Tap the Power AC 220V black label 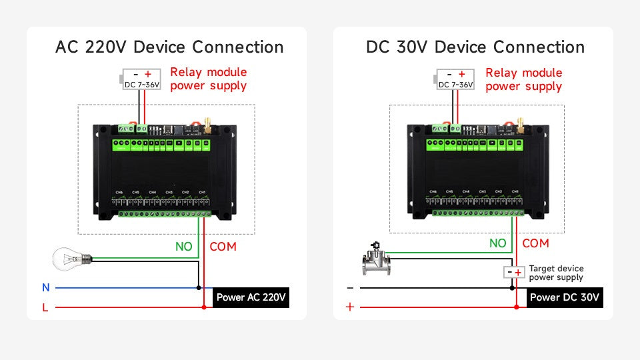[x=252, y=297]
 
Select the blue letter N [x=46, y=288]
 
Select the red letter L [x=45, y=307]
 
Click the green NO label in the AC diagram [x=183, y=247]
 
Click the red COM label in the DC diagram [x=535, y=244]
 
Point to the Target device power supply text [x=556, y=273]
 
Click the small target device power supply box [x=513, y=273]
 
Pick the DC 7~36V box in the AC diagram [x=141, y=79]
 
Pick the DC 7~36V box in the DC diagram [x=455, y=79]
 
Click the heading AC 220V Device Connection [x=169, y=47]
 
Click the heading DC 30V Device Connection [x=475, y=47]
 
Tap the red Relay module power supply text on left [x=208, y=79]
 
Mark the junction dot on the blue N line [x=199, y=288]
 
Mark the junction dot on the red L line [x=204, y=307]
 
